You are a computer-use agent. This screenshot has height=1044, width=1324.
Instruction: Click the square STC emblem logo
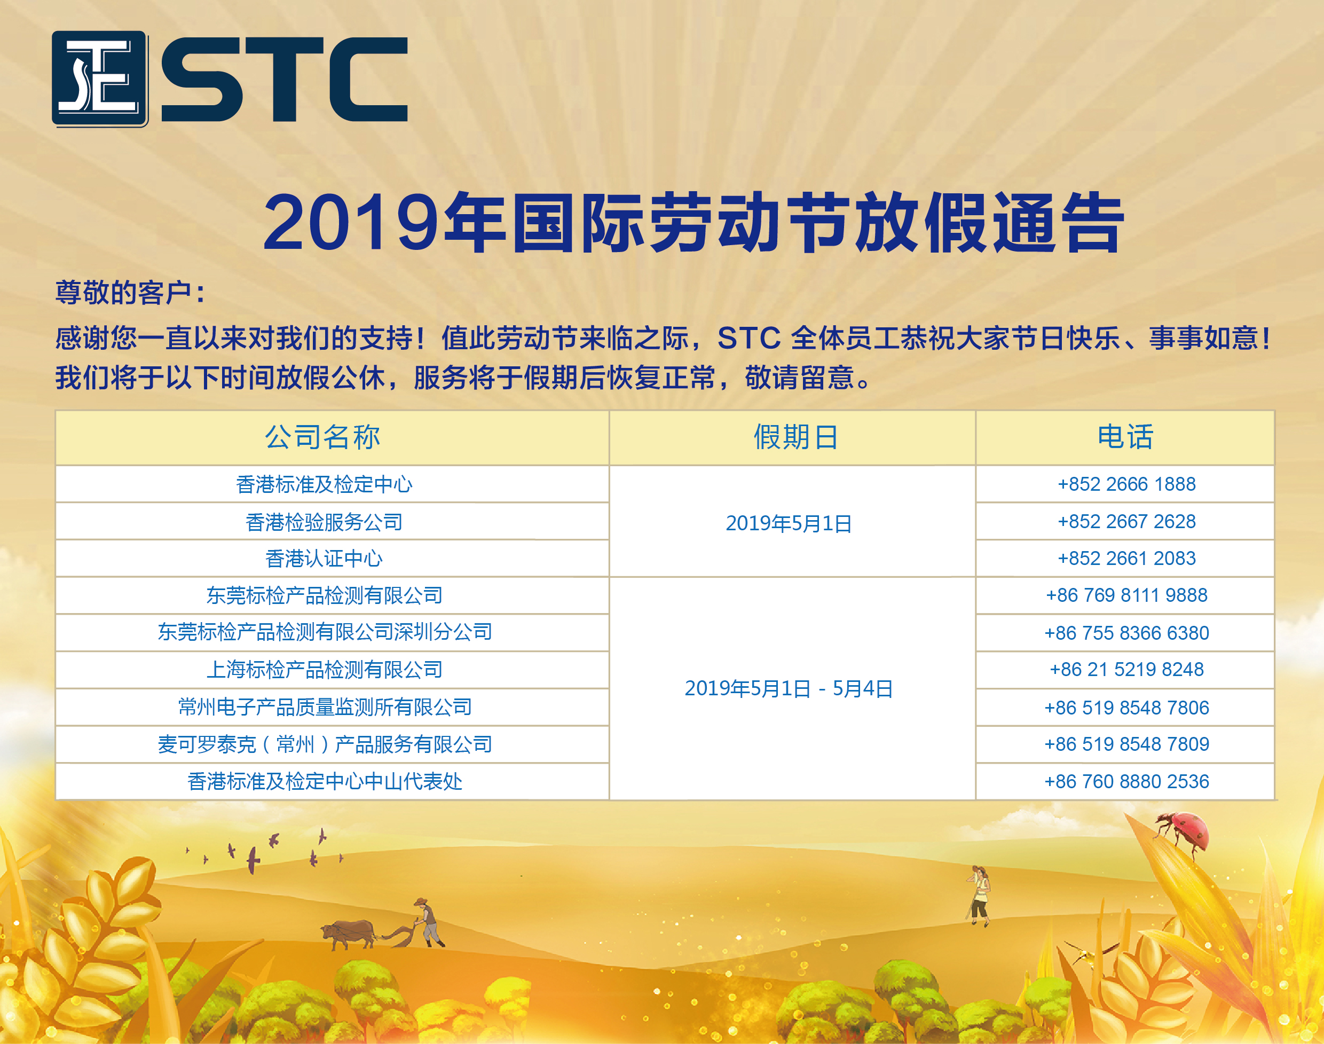[100, 79]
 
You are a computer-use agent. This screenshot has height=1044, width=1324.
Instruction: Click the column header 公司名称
[322, 437]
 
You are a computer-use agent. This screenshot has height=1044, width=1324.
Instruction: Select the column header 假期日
[795, 437]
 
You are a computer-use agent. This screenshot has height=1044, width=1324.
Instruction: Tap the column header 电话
[1125, 437]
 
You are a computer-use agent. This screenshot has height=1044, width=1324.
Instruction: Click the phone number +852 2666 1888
[1126, 484]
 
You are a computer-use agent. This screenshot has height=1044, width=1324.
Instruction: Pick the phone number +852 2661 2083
[1126, 558]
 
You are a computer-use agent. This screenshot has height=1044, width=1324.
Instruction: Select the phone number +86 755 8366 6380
[1126, 633]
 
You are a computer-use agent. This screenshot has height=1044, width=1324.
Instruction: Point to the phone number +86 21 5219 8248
[1126, 669]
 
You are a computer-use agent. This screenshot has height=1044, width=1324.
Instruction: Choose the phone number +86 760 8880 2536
[1126, 781]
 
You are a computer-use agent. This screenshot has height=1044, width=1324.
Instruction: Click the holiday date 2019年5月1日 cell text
[789, 523]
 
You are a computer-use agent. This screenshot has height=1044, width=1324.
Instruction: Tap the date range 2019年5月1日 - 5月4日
[789, 688]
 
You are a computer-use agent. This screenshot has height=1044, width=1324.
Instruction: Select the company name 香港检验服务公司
[324, 522]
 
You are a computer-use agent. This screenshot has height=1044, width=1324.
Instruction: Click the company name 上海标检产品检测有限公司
[325, 669]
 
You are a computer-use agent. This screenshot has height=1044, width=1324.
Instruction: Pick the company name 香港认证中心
[324, 558]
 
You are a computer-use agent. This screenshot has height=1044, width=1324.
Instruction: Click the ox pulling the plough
[348, 934]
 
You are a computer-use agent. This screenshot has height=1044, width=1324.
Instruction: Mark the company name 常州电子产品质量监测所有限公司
[325, 707]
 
